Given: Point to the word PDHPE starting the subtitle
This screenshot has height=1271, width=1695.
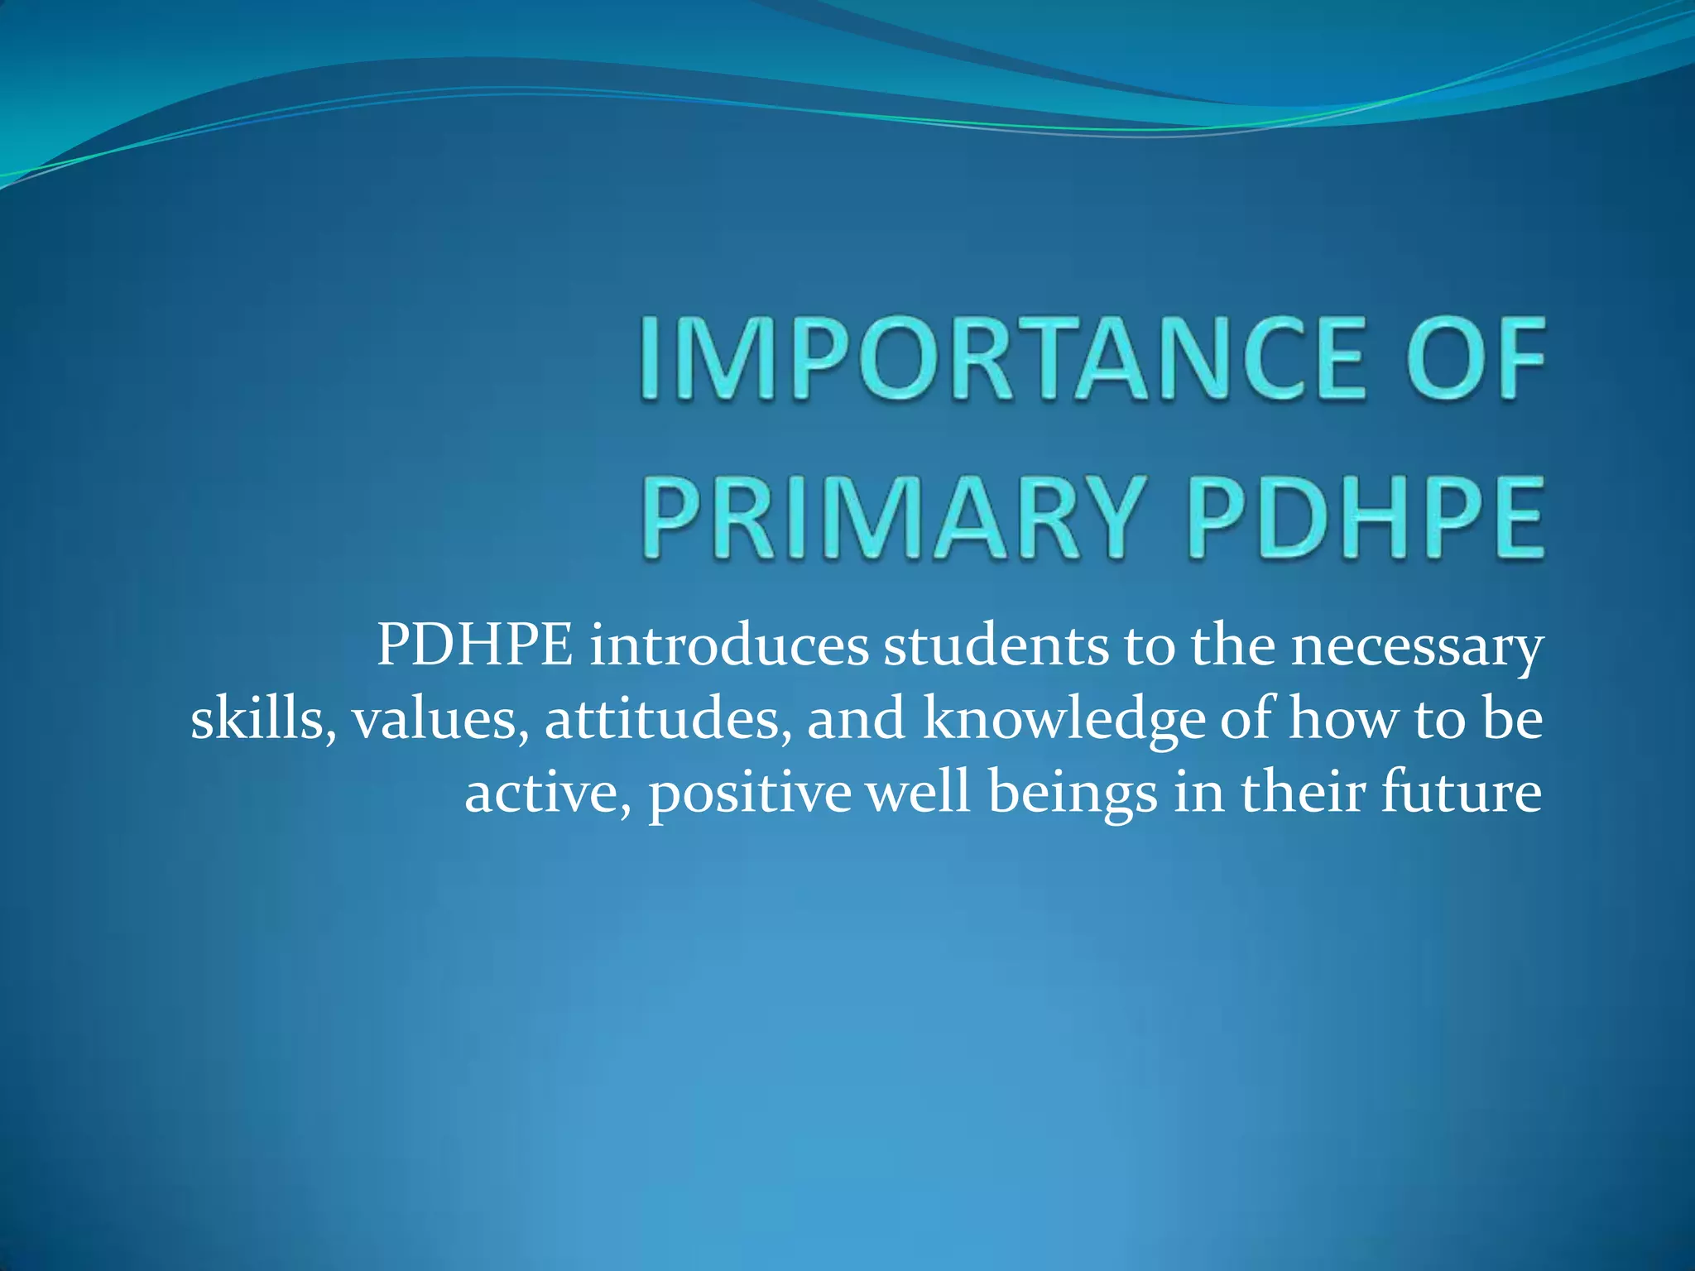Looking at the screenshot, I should pyautogui.click(x=474, y=645).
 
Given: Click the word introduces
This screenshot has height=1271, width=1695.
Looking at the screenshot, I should pyautogui.click(x=729, y=645).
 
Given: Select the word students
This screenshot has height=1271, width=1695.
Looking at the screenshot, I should pyautogui.click(x=996, y=645).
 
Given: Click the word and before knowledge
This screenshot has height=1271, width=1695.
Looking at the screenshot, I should pyautogui.click(x=857, y=718).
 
